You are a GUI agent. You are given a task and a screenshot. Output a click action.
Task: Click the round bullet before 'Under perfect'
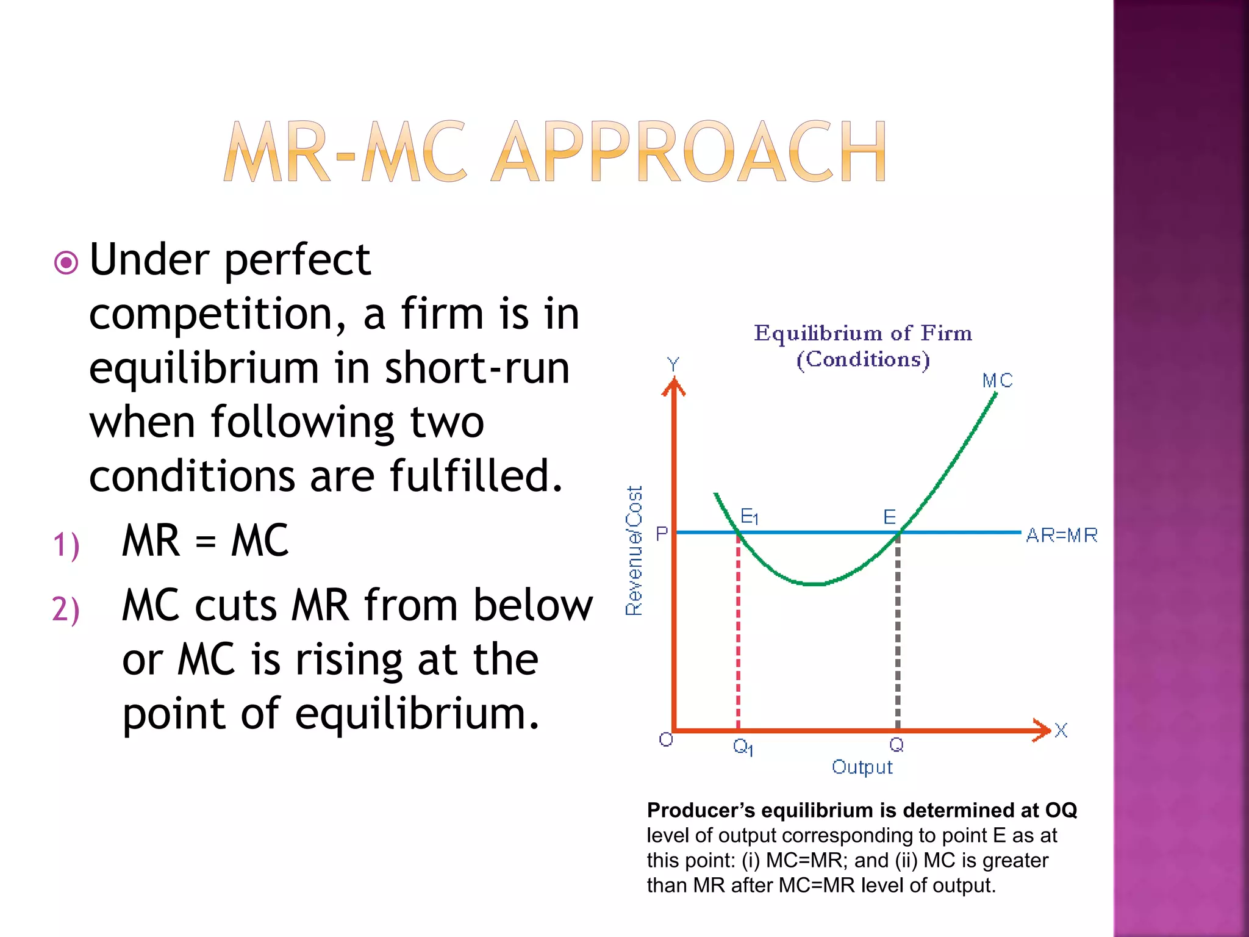[66, 263]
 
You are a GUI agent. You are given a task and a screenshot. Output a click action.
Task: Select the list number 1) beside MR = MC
[66, 545]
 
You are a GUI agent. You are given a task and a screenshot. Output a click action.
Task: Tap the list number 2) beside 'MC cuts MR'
[66, 609]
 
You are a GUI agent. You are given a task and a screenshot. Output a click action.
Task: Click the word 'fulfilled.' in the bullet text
[476, 476]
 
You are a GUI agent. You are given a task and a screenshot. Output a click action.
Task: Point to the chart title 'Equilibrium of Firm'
[862, 334]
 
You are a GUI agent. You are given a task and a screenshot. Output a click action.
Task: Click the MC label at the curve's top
[997, 381]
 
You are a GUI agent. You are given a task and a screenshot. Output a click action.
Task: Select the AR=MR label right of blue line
[1061, 536]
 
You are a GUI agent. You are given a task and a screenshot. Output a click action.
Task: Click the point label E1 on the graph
[749, 517]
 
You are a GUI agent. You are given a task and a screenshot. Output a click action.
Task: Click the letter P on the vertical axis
[662, 534]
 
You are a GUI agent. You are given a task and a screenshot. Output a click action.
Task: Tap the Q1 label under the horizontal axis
[743, 747]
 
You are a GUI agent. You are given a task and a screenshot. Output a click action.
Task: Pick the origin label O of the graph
[666, 740]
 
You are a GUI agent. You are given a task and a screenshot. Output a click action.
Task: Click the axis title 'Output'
[862, 767]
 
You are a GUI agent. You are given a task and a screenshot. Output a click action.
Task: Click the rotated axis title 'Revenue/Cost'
[634, 551]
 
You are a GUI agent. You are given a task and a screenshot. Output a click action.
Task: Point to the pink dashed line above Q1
[739, 634]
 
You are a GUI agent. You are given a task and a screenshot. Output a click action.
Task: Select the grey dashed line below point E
[898, 634]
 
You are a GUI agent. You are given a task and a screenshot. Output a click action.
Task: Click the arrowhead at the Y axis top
[673, 387]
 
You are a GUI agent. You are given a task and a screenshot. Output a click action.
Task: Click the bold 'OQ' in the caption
[1061, 810]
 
